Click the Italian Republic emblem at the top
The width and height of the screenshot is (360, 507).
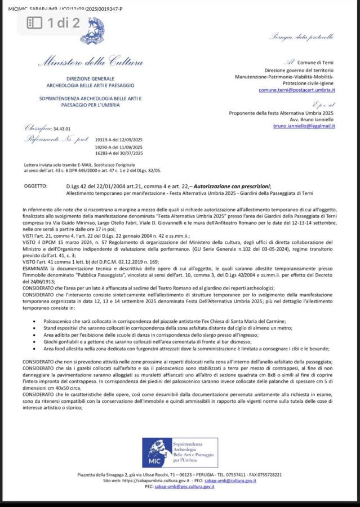click(x=92, y=31)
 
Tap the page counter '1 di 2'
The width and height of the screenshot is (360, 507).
click(x=63, y=23)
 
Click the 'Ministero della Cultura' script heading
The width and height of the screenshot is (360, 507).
click(x=90, y=61)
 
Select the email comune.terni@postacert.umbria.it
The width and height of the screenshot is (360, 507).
click(x=297, y=90)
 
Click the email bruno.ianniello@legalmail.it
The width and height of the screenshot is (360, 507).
click(x=304, y=126)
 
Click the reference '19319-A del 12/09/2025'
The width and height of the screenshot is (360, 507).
click(x=119, y=139)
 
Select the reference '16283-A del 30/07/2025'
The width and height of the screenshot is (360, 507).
click(x=119, y=153)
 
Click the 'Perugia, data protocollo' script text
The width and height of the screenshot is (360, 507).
click(x=302, y=37)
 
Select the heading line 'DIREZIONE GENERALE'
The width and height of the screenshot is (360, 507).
click(x=90, y=78)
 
